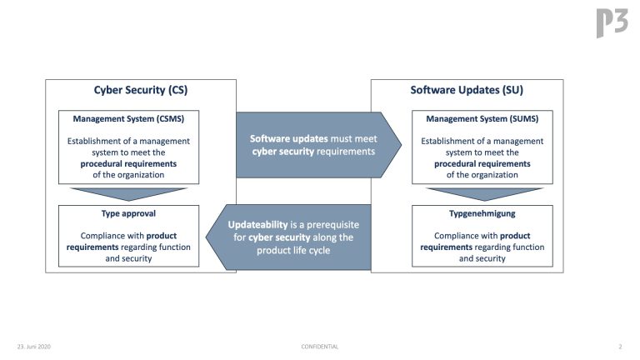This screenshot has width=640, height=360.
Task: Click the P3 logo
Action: click(612, 22)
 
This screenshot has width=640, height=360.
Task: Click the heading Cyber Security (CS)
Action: click(141, 90)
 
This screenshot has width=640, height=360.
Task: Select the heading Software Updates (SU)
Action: click(467, 90)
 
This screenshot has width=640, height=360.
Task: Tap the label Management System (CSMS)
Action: click(128, 119)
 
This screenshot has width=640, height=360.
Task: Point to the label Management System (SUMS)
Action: click(482, 119)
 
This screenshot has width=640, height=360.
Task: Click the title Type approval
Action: click(128, 213)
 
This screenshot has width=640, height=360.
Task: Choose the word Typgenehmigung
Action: click(482, 213)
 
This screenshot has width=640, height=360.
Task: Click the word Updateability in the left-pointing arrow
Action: click(258, 225)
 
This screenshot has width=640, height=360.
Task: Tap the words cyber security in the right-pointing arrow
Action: click(282, 152)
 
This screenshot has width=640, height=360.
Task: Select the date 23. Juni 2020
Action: click(34, 347)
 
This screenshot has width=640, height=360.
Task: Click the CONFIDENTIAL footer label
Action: click(320, 347)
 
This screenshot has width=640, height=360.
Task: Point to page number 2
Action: click(620, 347)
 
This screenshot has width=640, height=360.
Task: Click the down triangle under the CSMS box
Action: click(128, 193)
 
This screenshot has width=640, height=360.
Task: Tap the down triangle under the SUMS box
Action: click(484, 193)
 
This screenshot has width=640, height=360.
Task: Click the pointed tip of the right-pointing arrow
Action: click(401, 144)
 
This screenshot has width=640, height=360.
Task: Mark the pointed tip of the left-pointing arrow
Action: click(206, 237)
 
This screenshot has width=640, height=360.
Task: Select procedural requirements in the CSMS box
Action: click(128, 164)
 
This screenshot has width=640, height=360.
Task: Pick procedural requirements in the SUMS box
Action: click(482, 164)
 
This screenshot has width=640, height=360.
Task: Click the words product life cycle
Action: click(293, 251)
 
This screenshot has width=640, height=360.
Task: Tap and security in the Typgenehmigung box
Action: click(482, 258)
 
